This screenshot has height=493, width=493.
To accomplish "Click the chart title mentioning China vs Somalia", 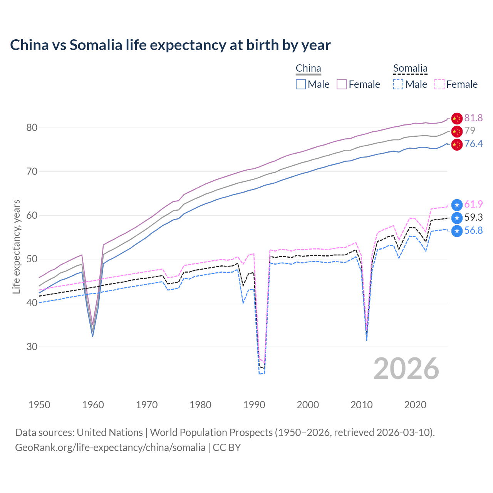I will click(170, 45).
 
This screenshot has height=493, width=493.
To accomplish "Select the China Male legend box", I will click(301, 84).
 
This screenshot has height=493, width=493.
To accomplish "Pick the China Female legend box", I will click(342, 84).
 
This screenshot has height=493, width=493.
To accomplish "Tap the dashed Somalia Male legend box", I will click(398, 84).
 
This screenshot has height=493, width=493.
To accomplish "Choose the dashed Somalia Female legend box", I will click(439, 84).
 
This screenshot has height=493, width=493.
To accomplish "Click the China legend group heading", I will click(308, 69).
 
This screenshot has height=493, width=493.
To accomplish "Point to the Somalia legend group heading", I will click(410, 69).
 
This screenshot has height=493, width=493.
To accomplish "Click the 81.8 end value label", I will click(473, 118).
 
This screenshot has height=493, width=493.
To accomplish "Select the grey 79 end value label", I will click(470, 131).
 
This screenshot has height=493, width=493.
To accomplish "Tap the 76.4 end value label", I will click(473, 144).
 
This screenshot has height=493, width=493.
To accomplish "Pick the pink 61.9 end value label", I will click(473, 204).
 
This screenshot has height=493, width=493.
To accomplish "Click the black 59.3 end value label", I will click(473, 217).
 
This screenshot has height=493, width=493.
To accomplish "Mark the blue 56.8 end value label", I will click(473, 230).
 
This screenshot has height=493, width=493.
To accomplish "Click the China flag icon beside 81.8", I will click(457, 118).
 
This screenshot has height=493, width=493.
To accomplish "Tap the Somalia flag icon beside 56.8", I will click(457, 231).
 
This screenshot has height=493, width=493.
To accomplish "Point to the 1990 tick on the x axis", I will click(254, 405).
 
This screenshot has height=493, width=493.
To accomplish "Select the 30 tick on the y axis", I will click(32, 347).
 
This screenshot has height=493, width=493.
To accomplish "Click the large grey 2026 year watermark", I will click(406, 369).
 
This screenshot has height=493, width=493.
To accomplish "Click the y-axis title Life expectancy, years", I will click(17, 246).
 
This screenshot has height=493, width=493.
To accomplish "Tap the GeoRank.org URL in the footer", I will click(110, 448).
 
